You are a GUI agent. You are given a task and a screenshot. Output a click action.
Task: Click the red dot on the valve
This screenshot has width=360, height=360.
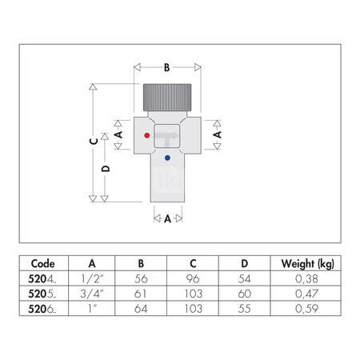tap(146, 137)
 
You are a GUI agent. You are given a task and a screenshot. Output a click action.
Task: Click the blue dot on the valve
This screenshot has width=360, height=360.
tap(166, 158)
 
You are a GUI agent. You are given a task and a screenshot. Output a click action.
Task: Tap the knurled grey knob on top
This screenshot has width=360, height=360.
tap(167, 98)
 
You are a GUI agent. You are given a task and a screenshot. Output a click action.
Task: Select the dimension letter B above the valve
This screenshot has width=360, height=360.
tap(167, 68)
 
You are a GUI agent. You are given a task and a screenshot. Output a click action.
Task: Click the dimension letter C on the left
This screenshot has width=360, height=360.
tap(94, 141)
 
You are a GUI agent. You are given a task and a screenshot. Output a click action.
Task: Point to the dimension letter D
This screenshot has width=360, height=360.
tap(106, 170)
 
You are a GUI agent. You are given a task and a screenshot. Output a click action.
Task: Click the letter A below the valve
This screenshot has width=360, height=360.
tap(167, 218)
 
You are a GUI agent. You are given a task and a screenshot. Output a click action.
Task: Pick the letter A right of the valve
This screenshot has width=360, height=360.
tap(216, 136)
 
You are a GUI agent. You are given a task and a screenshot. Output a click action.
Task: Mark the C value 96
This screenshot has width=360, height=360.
tap(194, 280)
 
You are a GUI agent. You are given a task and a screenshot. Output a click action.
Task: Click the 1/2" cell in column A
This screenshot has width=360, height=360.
tap(93, 280)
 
